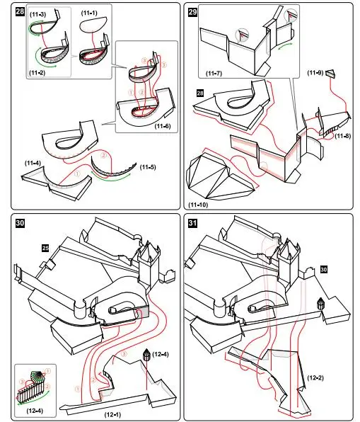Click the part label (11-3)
pos(38,14)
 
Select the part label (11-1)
pos(89,13)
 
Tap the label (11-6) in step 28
pos(163,126)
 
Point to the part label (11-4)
pos(33,163)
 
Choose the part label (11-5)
pos(148,167)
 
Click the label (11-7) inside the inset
pos(214,73)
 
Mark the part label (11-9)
pos(315,72)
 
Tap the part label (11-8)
pos(343,136)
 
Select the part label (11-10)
pos(198,205)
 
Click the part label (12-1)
pos(112,414)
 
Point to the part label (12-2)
pos(315,378)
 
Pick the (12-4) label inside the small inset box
pos(35,411)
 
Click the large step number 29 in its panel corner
pos(192,12)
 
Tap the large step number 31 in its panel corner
pos(192,223)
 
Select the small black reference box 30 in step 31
pos(324,269)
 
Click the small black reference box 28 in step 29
pos(200,93)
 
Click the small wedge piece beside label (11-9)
pos(331,74)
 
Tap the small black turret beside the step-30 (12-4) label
pos(146,355)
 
